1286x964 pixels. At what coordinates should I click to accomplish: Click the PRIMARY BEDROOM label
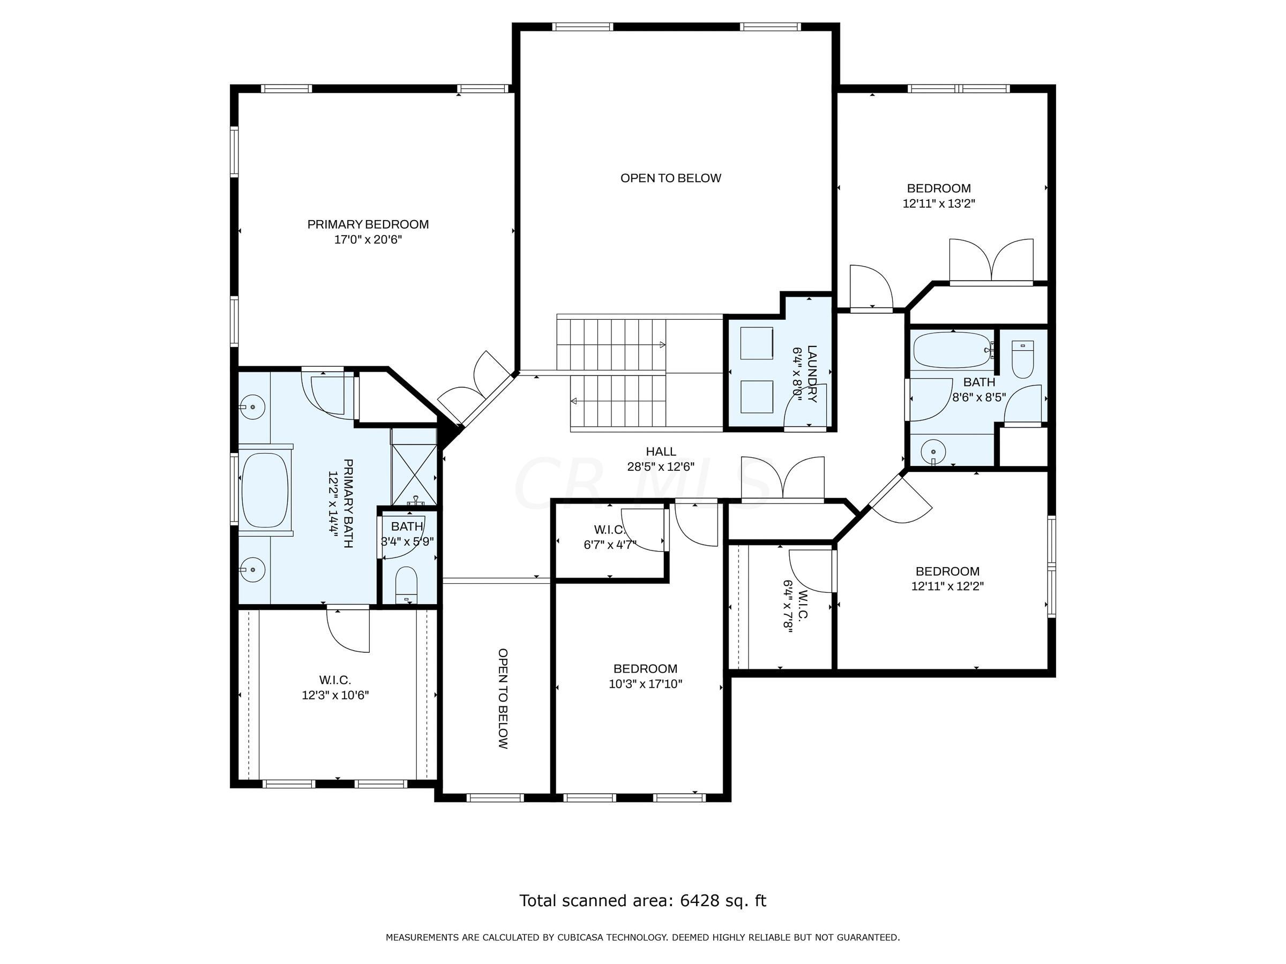click(x=368, y=224)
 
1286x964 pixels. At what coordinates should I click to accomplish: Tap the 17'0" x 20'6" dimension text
click(x=368, y=239)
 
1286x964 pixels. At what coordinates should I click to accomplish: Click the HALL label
click(x=661, y=451)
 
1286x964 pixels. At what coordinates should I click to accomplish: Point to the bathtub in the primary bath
click(x=265, y=490)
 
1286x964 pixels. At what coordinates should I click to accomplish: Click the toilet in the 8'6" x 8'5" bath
click(x=1022, y=359)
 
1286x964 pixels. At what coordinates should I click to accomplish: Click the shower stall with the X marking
click(x=414, y=475)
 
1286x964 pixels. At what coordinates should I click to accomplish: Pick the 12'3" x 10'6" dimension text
click(x=335, y=695)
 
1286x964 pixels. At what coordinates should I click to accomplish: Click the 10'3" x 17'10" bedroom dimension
click(x=645, y=684)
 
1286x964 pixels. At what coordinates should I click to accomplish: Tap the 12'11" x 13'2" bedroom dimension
click(x=939, y=204)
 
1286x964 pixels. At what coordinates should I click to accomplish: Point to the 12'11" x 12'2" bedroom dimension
click(x=948, y=586)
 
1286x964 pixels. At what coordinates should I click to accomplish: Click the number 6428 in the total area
click(x=699, y=901)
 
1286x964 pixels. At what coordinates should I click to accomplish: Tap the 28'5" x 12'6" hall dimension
click(x=661, y=466)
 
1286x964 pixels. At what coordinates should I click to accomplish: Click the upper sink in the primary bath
click(x=252, y=406)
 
